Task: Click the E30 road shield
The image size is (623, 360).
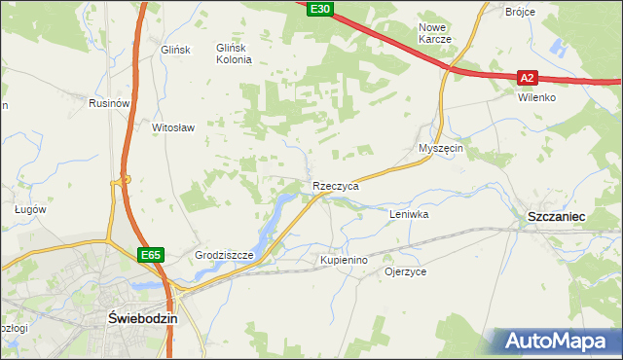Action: coord(319,9)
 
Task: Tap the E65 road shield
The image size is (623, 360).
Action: coord(149,255)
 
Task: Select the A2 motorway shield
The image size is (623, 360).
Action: coord(527,77)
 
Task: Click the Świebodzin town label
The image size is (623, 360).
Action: coord(141,319)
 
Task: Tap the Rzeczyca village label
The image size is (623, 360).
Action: coord(336,185)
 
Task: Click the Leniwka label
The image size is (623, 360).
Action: coord(409,213)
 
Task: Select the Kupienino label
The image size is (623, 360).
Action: coord(344,261)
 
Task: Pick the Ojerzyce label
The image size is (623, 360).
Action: coord(406,272)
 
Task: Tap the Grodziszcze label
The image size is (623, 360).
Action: coord(224,256)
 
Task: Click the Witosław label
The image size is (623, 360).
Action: coord(174,127)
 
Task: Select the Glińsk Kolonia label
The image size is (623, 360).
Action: coord(234,54)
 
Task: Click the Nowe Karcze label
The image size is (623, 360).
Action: coord(434,33)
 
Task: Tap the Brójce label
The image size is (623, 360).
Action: coord(522,12)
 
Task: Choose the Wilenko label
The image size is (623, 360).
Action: coord(536,98)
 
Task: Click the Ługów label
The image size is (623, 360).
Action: coord(31,208)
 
